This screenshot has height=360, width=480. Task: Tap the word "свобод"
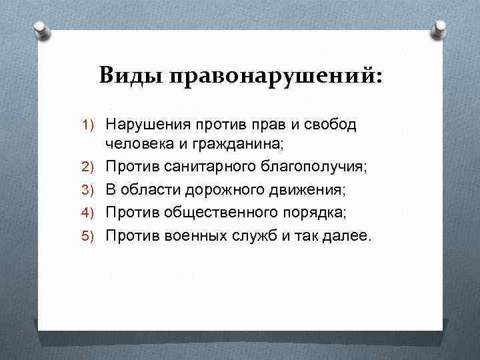coord(329,124)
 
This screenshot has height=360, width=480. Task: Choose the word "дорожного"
coord(223,191)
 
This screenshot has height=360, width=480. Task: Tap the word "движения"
coord(304,191)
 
